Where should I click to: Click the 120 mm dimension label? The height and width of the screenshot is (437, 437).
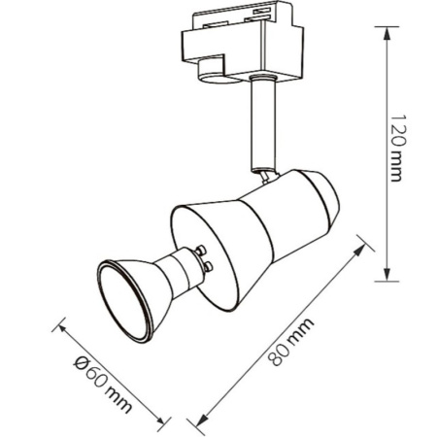397,148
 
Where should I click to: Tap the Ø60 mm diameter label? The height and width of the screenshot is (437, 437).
103,385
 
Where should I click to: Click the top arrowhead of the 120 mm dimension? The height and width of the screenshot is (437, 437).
387,33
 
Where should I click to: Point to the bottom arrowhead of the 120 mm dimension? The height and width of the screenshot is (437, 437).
387,275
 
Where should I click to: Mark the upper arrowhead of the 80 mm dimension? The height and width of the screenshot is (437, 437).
360,250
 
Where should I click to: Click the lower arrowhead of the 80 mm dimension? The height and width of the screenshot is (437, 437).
202,420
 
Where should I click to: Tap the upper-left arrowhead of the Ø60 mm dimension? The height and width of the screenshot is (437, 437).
63,328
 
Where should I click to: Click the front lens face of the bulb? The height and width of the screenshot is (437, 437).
124,302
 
